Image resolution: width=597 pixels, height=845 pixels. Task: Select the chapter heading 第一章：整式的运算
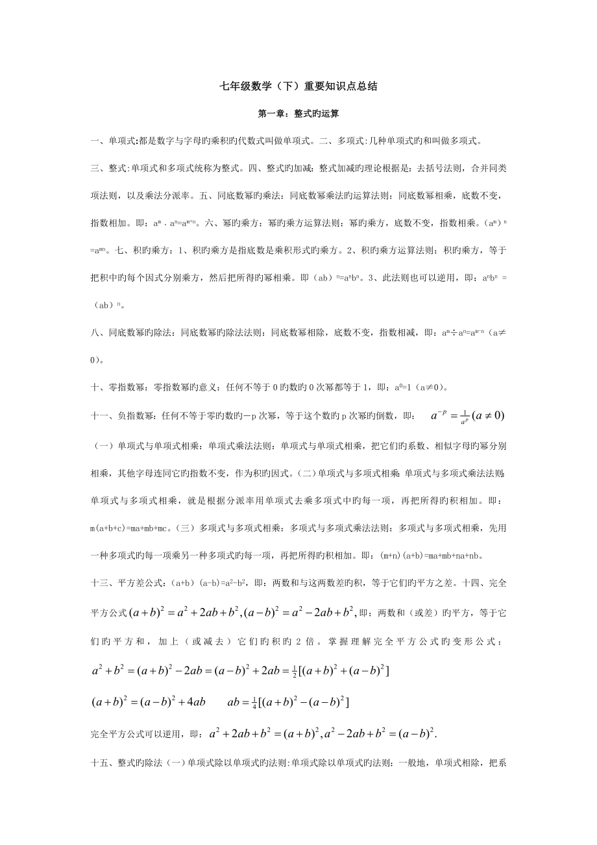coord(298,113)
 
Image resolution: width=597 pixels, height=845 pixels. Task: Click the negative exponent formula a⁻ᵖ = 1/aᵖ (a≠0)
coord(468,416)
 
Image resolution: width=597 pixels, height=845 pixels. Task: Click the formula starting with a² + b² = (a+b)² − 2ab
coord(240,671)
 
